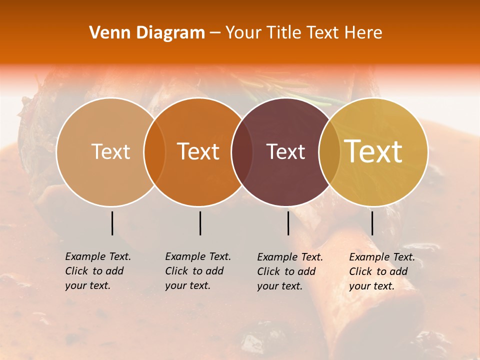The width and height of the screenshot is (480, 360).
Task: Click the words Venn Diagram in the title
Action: point(147,33)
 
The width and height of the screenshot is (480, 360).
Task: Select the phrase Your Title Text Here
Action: point(304,33)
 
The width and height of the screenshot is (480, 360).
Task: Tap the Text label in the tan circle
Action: point(111,151)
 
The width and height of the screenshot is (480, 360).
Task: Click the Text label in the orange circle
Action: point(198,151)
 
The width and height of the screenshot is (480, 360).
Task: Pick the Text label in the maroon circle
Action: point(285,151)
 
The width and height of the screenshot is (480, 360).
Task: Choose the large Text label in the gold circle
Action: point(373,151)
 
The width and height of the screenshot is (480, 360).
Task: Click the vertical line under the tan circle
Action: point(112,223)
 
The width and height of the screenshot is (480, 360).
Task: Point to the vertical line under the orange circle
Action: point(200,223)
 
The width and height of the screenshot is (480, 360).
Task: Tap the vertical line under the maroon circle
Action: point(288,223)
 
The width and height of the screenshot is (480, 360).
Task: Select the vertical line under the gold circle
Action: point(372,223)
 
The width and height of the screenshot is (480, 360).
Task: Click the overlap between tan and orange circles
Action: point(154,151)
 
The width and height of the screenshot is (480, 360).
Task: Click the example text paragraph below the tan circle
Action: point(98,271)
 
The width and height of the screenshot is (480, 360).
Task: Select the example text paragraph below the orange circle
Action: point(198,271)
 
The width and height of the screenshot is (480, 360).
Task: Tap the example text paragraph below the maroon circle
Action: point(290,271)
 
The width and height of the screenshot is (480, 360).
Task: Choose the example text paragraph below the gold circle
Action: point(382,271)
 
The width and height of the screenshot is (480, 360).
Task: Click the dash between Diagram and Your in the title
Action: point(215,33)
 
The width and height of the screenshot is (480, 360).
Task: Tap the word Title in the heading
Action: point(284,33)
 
